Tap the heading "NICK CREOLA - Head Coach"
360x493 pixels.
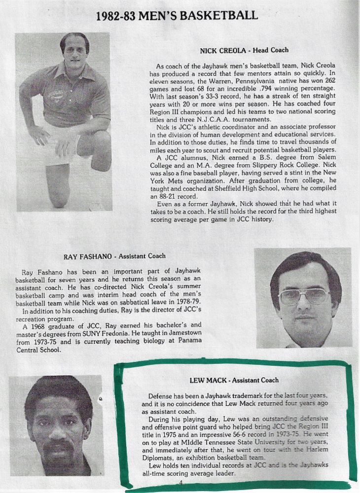pyautogui.click(x=244, y=50)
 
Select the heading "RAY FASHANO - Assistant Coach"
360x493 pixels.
pyautogui.click(x=114, y=256)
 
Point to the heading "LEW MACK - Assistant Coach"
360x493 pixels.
pyautogui.click(x=234, y=380)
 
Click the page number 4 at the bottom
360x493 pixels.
pyautogui.click(x=180, y=482)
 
